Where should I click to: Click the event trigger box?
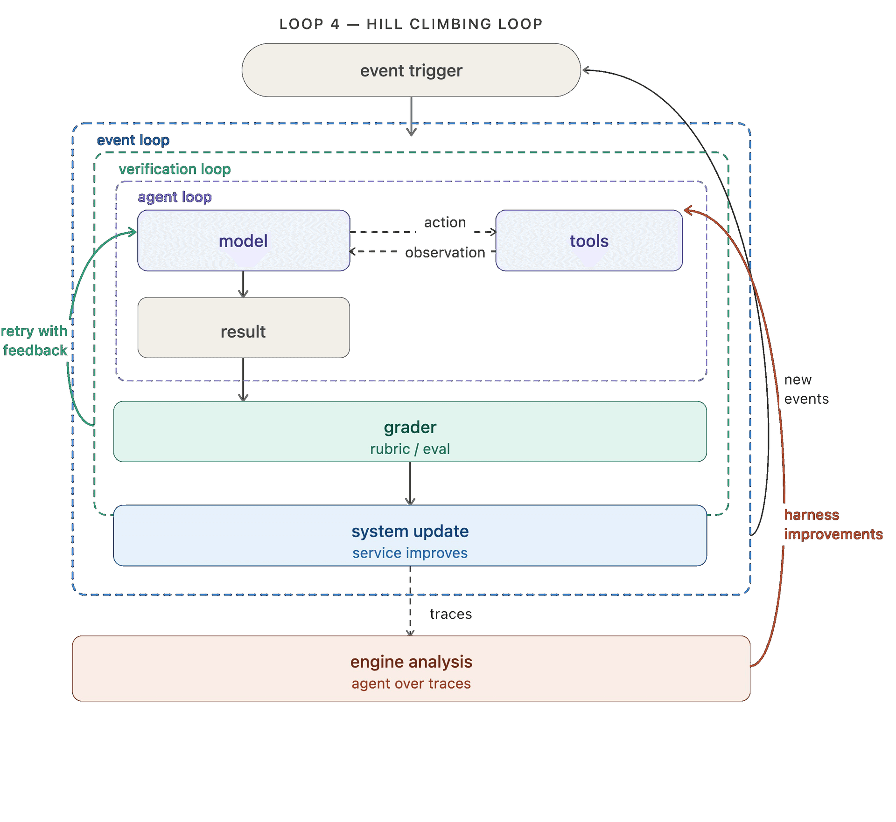pos(411,70)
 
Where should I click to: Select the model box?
pos(244,241)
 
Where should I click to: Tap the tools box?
pos(589,241)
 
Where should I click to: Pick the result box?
pos(244,328)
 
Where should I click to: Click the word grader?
pos(410,428)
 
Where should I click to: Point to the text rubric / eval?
pos(410,449)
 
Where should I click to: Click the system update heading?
pos(410,531)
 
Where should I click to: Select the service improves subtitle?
pos(410,553)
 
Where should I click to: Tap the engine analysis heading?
pos(411,662)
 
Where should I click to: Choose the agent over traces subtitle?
pos(411,684)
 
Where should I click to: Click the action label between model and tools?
pos(445,222)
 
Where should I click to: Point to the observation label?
pos(445,253)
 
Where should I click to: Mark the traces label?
pos(451,614)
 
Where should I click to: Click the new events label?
pos(806,389)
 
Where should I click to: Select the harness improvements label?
pos(833,525)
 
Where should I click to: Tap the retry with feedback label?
pos(35,340)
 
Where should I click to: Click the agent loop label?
pos(175,197)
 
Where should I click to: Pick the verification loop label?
pos(175,169)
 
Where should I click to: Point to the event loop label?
pos(133,140)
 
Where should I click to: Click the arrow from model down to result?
pos(243,284)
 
